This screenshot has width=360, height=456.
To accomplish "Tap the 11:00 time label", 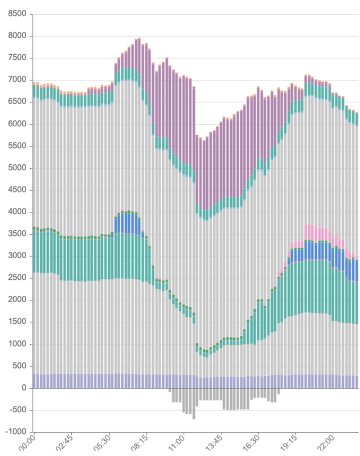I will tap(176, 444).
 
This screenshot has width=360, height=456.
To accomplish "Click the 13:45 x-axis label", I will tap(214, 444).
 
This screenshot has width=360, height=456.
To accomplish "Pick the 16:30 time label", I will tap(251, 444).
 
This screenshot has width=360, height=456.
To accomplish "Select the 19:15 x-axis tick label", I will tap(289, 444).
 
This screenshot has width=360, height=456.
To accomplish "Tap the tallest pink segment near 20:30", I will tap(307, 232).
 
